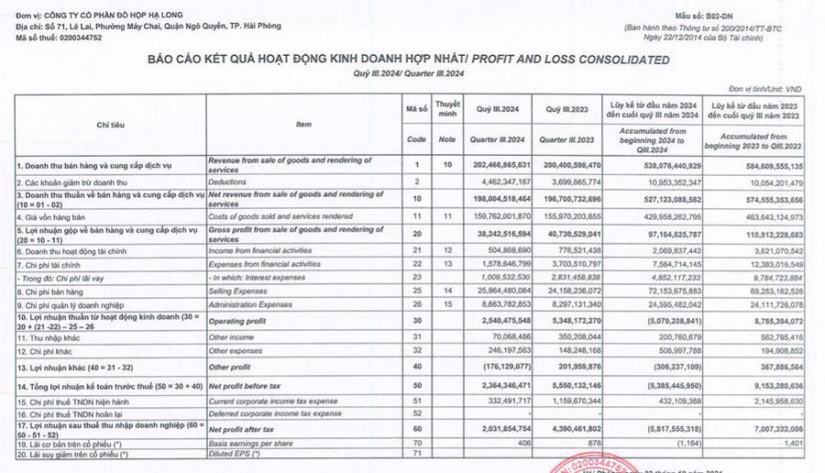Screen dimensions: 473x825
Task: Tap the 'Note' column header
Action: (446, 139)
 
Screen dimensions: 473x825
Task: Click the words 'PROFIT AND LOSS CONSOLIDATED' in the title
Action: (574, 60)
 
